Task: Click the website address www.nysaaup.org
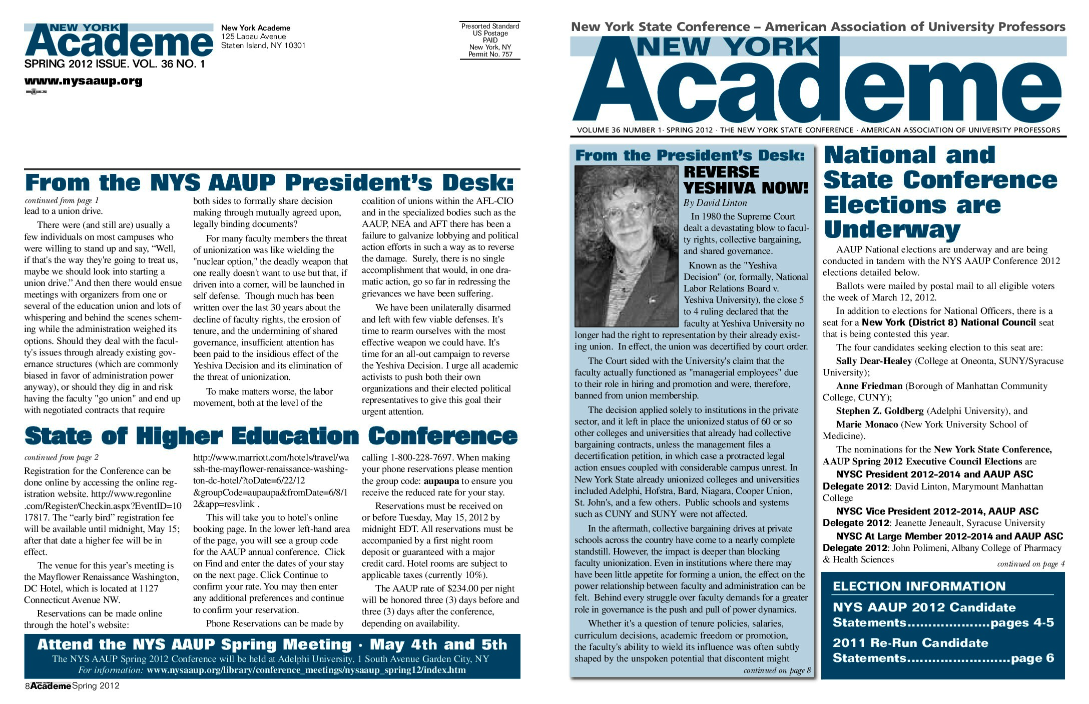pos(83,81)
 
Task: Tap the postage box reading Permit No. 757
pos(490,54)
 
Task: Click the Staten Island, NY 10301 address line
pos(263,45)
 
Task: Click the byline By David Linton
pos(715,203)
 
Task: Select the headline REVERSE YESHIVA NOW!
pos(746,180)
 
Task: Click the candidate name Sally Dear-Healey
pos(873,361)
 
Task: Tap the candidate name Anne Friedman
pos(869,386)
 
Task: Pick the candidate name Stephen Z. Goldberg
pos(879,411)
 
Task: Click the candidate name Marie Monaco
pos(867,424)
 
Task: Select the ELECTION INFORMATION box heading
pos(919,586)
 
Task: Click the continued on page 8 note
pos(777,670)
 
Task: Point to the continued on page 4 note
pos(1030,564)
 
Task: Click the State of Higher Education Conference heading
pos(271,436)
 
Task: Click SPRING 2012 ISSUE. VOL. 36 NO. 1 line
pos(115,64)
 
